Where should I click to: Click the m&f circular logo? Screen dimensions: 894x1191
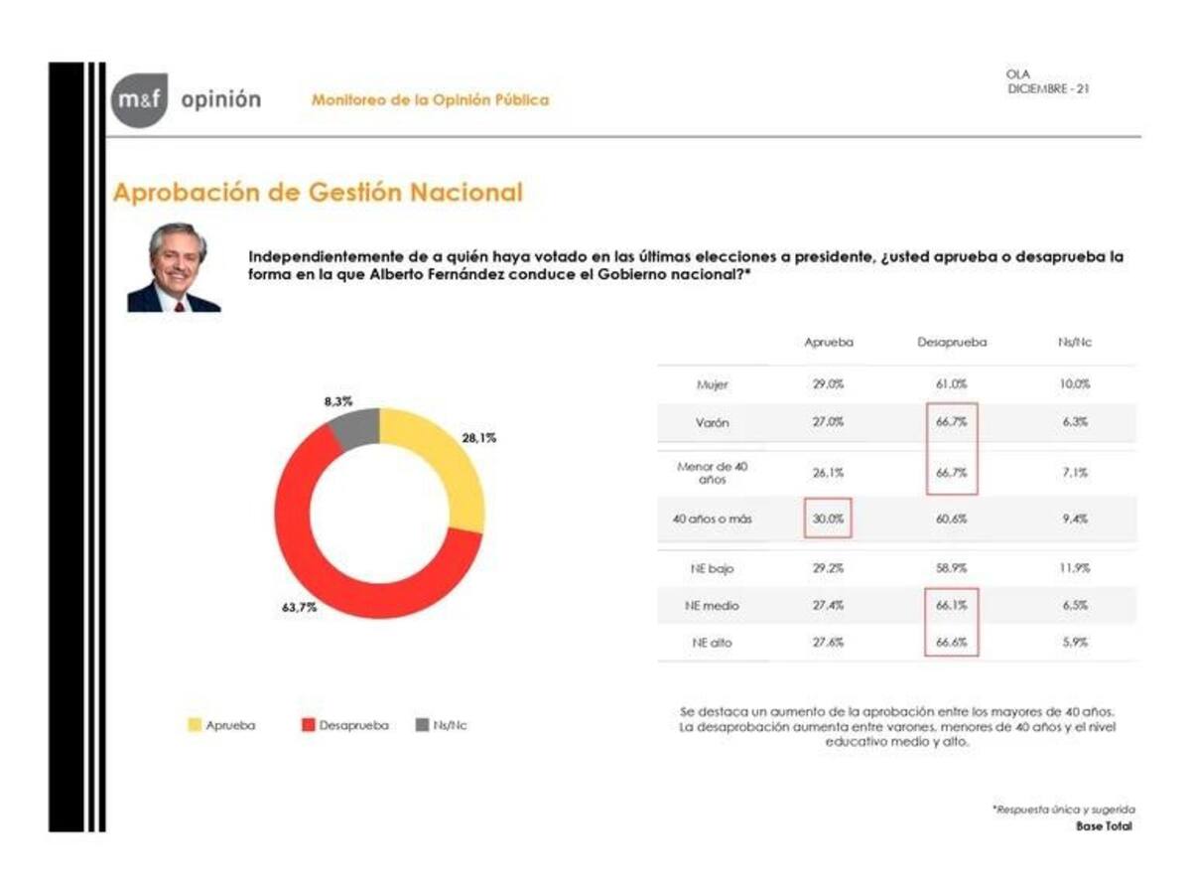[x=139, y=99]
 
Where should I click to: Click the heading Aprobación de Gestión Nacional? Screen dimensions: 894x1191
[x=318, y=193]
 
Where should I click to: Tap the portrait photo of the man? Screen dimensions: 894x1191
[x=174, y=267]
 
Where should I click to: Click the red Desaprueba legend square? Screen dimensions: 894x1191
[x=308, y=725]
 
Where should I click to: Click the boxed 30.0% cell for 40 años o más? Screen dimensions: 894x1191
[x=828, y=519]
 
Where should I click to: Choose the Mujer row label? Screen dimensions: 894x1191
[x=714, y=383]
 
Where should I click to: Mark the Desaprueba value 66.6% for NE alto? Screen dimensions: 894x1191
[x=952, y=643]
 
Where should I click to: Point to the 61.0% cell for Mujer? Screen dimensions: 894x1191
[x=952, y=383]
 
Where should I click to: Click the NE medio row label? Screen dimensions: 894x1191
[x=714, y=606]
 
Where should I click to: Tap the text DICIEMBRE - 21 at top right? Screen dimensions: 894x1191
[x=1050, y=88]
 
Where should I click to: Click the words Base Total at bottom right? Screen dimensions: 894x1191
[x=1104, y=826]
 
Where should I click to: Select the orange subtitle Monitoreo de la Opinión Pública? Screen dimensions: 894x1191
[x=430, y=100]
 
